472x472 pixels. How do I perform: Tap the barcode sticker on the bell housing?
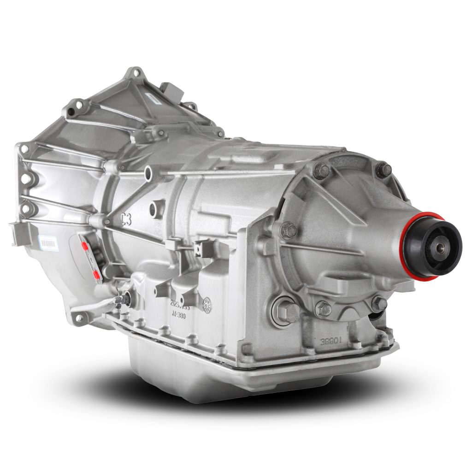[47, 242]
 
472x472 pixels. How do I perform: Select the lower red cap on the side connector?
[96, 275]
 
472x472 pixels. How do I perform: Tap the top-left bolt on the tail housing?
[321, 171]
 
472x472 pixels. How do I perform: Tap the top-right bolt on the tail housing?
[383, 170]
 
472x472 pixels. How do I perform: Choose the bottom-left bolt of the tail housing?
[324, 308]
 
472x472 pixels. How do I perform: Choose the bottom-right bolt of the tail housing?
[379, 303]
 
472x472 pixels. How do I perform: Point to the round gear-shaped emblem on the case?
[207, 302]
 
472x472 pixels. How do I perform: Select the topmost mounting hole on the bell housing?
[135, 72]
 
